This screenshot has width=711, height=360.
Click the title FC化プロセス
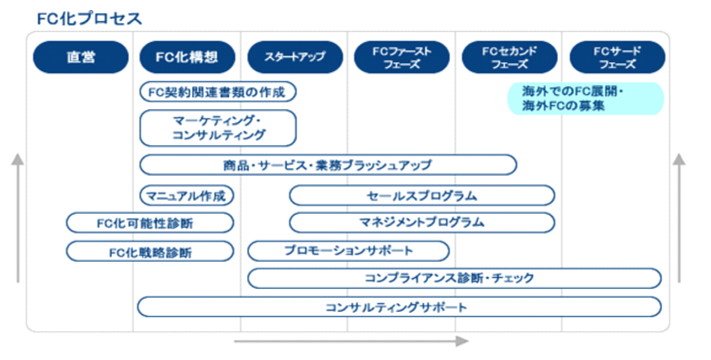pyautogui.click(x=89, y=18)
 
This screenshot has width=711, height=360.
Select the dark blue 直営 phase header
pyautogui.click(x=81, y=57)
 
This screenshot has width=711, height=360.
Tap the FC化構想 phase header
pyautogui.click(x=187, y=57)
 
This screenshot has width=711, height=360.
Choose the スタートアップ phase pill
pyautogui.click(x=295, y=57)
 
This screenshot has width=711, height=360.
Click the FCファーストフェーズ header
pyautogui.click(x=402, y=57)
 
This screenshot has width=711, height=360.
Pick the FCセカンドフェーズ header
pyautogui.click(x=510, y=57)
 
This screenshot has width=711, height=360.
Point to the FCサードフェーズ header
pyautogui.click(x=617, y=57)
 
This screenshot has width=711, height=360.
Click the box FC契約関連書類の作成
pyautogui.click(x=218, y=92)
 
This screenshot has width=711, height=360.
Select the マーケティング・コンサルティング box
pyautogui.click(x=218, y=128)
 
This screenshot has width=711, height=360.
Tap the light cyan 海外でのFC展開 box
pyautogui.click(x=586, y=99)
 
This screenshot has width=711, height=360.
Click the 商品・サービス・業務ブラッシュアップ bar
pyautogui.click(x=328, y=165)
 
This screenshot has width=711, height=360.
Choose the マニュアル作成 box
pyautogui.click(x=187, y=196)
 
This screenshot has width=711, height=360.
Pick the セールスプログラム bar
pyautogui.click(x=422, y=196)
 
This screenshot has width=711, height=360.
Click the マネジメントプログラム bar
pyautogui.click(x=422, y=222)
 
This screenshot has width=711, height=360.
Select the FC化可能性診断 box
pyautogui.click(x=150, y=223)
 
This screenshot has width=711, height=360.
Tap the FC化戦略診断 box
pyautogui.click(x=150, y=251)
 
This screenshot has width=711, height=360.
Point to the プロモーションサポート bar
pyautogui.click(x=349, y=251)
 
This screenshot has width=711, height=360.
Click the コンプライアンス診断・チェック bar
pyautogui.click(x=455, y=279)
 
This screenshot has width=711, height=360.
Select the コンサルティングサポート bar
pyautogui.click(x=399, y=307)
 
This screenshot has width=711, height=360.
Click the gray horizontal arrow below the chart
pyautogui.click(x=351, y=341)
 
